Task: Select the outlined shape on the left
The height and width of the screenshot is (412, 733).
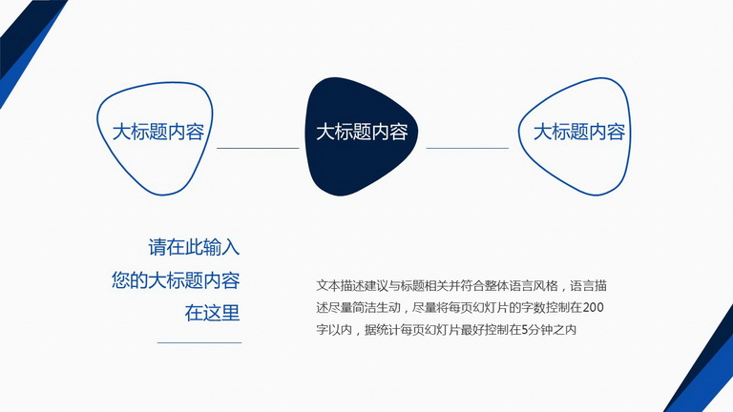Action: pos(99,135)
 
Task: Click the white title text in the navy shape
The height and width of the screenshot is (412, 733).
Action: pos(362,133)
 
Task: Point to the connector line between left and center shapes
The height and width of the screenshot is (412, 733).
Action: pos(258,148)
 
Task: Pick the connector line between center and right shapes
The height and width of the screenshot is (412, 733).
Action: pos(467,148)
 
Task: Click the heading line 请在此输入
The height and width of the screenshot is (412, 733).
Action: pos(194,247)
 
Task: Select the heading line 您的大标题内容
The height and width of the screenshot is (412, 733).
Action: pos(176,280)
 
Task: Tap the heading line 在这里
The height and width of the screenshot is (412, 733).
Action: pos(212,313)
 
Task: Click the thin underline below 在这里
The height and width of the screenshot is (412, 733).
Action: pos(199,342)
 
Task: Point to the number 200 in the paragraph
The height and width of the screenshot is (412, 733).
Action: pos(594,307)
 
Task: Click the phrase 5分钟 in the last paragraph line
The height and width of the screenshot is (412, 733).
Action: pos(536,330)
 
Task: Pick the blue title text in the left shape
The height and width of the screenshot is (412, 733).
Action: pos(158,133)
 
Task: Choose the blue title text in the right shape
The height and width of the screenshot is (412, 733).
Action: pos(579,133)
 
